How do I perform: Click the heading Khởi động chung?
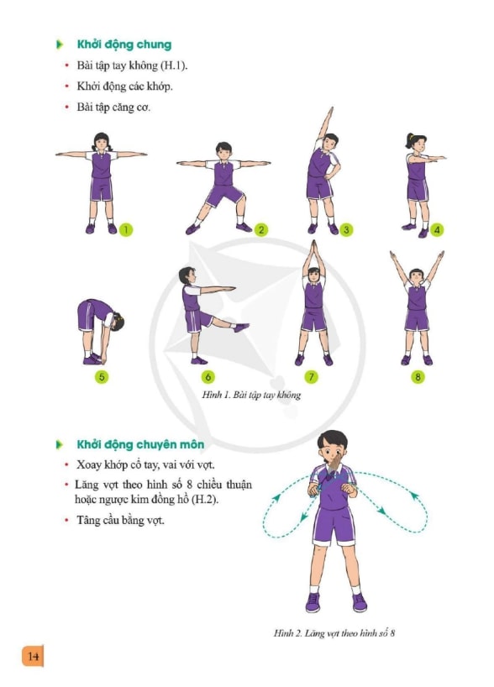point(124,45)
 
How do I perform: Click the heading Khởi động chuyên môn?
point(140,445)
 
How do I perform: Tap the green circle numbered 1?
point(126,229)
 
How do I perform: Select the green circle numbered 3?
point(346,229)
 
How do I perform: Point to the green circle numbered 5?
point(102,377)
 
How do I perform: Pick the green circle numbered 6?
point(208,377)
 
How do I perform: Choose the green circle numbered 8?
point(418,377)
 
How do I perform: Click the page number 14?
point(33,656)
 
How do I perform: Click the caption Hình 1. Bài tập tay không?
point(251,396)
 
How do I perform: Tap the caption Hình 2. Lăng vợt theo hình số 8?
point(334,633)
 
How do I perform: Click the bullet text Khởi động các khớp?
point(124,87)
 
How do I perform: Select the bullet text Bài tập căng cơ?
point(113,108)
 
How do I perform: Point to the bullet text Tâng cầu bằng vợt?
point(120,521)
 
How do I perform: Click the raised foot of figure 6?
point(241,328)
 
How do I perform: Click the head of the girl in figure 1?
point(102,142)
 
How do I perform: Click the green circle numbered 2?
point(260,229)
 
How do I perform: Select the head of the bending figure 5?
point(117,321)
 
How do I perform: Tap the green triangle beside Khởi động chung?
point(60,45)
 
